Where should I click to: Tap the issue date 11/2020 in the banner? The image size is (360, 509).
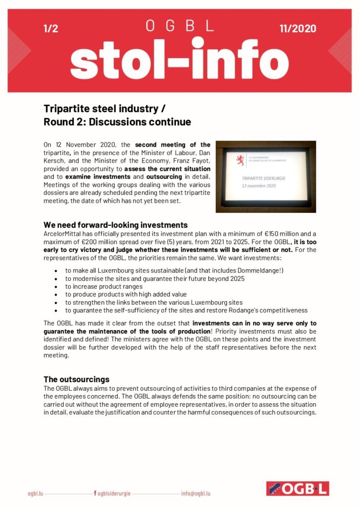tap(298, 29)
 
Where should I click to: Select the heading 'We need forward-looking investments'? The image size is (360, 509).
tap(115, 225)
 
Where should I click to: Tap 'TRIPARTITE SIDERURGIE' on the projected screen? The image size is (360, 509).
tap(259, 176)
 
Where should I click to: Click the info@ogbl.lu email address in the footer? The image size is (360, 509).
tap(195, 494)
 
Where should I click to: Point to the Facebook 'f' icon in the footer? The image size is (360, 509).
tap(95, 494)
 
